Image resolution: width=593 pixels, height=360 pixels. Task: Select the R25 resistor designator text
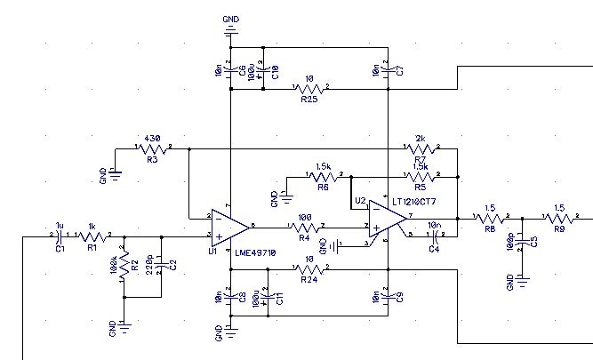(309, 100)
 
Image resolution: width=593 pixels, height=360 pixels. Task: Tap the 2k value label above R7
(421, 139)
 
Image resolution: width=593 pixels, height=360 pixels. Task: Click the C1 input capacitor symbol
(60, 236)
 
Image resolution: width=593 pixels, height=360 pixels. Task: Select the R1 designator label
(91, 248)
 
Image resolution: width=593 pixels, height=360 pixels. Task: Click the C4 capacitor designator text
(434, 250)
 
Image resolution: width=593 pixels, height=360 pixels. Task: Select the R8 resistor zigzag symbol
(489, 217)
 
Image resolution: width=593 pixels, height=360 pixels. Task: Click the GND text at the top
(230, 19)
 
